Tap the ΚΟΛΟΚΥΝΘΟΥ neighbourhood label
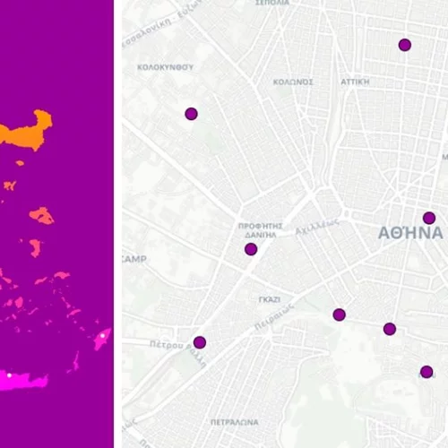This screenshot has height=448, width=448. (x=165, y=67)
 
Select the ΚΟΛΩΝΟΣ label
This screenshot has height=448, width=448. (x=293, y=82)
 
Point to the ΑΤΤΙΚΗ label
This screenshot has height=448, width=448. (x=355, y=81)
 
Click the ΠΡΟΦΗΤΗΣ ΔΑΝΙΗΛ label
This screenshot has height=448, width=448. (x=261, y=229)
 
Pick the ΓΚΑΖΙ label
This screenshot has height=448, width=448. (x=269, y=299)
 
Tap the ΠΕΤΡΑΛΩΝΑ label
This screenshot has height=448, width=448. (x=234, y=421)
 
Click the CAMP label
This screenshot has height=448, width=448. (x=134, y=259)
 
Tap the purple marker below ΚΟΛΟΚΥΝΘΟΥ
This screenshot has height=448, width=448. (x=191, y=114)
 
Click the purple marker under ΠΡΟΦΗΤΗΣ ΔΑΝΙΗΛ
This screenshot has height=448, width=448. (x=251, y=249)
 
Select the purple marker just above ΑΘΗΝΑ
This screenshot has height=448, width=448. (x=429, y=218)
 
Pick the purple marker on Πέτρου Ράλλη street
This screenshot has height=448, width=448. (x=200, y=342)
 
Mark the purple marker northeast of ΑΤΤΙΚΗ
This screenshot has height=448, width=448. (x=405, y=45)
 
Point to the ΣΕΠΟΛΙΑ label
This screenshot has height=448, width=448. (x=272, y=4)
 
